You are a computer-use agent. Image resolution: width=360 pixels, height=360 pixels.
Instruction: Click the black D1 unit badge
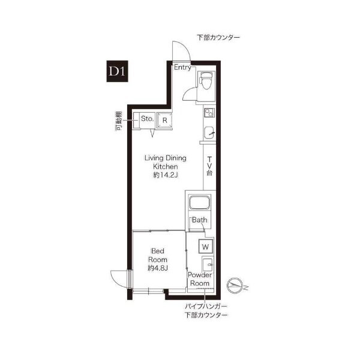[x=117, y=71]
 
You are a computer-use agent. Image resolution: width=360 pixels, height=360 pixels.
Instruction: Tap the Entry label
[x=182, y=67]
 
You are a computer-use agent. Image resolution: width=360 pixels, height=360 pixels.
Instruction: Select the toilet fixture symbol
[x=206, y=80]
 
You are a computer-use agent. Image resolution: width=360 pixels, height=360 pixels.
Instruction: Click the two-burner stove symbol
[x=209, y=113]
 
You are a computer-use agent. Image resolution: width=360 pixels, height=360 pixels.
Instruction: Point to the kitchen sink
[x=209, y=133]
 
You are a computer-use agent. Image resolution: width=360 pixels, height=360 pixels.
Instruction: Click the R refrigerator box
[x=164, y=120]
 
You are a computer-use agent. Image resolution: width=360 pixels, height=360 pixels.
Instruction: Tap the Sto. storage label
[x=147, y=119]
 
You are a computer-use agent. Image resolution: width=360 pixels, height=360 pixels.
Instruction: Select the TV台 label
[x=209, y=166]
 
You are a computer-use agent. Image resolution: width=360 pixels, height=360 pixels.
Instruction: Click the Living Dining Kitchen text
[x=166, y=163]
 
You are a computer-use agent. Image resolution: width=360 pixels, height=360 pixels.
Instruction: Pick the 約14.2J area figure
[x=166, y=175]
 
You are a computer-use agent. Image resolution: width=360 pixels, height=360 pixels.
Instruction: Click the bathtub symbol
[x=199, y=203]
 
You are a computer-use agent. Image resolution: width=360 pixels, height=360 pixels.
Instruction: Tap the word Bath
[x=200, y=220]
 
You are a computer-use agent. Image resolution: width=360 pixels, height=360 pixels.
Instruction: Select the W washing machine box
[x=205, y=247]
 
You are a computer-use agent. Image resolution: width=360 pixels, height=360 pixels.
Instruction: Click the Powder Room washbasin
[x=208, y=265]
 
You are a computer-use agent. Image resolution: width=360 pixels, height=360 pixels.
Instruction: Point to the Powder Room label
[x=200, y=279]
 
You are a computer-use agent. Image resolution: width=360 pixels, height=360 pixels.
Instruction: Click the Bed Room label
[x=157, y=256]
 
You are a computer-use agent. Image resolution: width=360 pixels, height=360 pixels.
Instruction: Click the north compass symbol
[x=235, y=286]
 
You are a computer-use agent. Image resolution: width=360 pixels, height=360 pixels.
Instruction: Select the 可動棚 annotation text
[x=118, y=121]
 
